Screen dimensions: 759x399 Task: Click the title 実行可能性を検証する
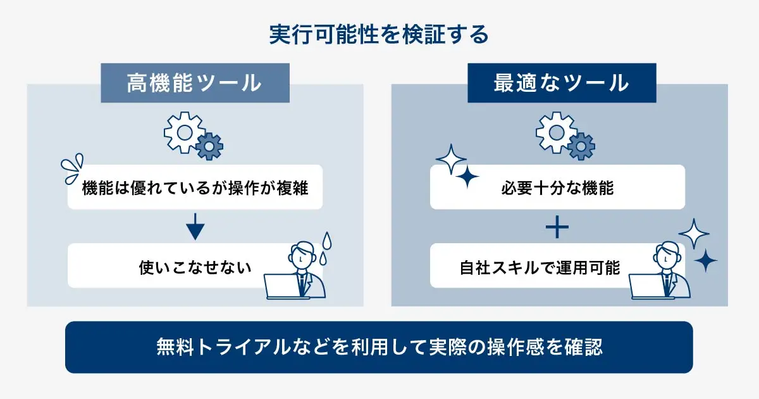tap(379, 34)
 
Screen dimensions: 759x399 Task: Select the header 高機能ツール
tap(195, 83)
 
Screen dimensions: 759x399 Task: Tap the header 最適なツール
tap(562, 83)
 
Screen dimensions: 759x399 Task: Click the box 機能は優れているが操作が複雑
tap(195, 187)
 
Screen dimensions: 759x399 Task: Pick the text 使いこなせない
tap(195, 267)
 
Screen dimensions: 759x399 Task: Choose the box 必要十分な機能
tap(557, 187)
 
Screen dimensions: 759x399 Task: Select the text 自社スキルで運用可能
tap(540, 267)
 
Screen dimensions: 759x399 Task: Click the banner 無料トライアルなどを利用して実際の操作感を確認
tap(379, 347)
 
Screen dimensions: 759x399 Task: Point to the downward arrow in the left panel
tap(195, 227)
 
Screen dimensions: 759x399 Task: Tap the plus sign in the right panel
tap(557, 227)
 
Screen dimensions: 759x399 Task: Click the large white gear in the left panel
tap(184, 132)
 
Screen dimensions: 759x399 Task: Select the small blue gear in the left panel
tap(209, 146)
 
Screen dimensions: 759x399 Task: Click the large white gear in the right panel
tap(557, 132)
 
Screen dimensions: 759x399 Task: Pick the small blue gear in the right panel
tap(581, 146)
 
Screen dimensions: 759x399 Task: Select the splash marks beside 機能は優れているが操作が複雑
tap(72, 168)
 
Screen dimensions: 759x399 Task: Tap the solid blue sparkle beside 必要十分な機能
tap(467, 177)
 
